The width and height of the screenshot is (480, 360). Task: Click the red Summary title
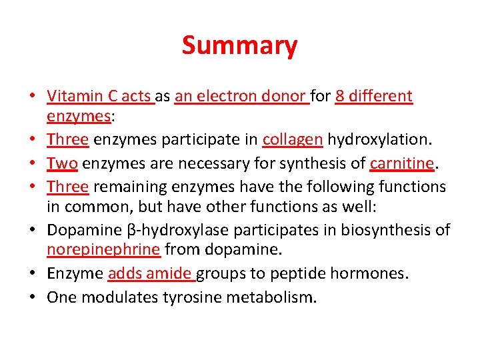[239, 46]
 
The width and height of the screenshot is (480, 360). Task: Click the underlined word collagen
[293, 140]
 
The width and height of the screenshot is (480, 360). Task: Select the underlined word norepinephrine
[103, 250]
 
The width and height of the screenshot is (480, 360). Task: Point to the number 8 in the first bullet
[340, 96]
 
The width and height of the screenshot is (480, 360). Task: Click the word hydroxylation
[378, 140]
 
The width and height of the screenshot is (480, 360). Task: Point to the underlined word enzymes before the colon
[78, 117]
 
